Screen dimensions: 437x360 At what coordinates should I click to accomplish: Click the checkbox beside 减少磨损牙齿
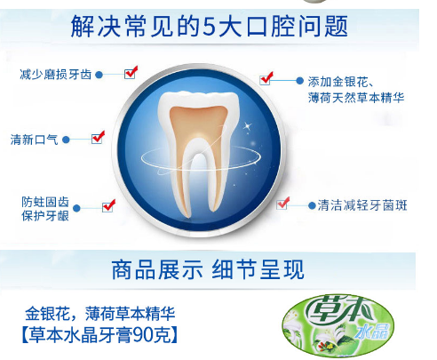click(130, 74)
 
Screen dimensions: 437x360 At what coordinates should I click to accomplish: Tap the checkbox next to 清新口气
click(97, 139)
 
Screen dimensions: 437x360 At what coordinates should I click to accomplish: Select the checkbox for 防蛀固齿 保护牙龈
click(107, 207)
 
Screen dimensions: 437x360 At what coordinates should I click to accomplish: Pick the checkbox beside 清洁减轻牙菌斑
click(282, 204)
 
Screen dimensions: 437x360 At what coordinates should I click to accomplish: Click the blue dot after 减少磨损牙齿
click(99, 75)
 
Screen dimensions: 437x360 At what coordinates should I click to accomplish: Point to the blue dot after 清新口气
click(66, 140)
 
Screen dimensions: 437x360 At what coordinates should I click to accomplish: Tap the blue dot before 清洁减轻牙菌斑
click(312, 205)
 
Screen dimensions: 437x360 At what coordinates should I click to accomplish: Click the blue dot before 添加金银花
click(299, 81)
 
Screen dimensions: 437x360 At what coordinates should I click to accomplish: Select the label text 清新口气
click(34, 140)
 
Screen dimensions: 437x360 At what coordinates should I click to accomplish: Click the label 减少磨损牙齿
click(56, 75)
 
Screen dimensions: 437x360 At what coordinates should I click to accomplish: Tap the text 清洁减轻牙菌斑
click(362, 205)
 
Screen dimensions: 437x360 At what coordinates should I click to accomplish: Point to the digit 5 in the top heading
click(209, 27)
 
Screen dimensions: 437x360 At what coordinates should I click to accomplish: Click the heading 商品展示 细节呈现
click(208, 269)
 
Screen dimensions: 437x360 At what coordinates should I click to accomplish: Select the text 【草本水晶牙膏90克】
click(99, 335)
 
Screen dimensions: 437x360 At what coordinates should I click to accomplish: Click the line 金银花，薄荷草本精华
click(100, 314)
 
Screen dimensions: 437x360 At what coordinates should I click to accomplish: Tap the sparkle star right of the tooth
click(248, 127)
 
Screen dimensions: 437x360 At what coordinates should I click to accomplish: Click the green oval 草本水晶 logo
click(338, 325)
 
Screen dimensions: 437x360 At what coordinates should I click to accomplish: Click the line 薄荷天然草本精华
click(356, 98)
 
